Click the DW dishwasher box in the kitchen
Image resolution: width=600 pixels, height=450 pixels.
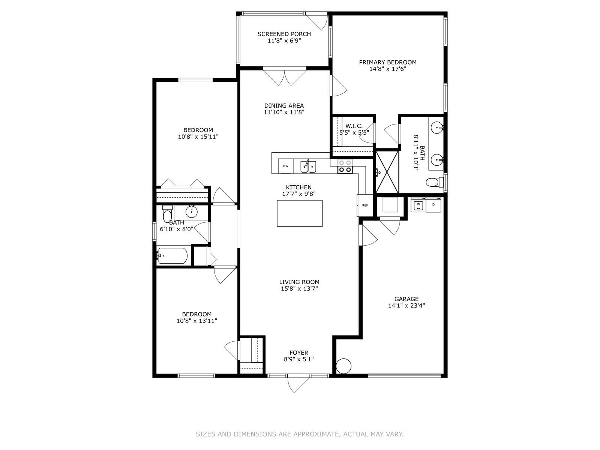pyautogui.click(x=286, y=166)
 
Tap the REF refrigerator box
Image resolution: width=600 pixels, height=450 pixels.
pyautogui.click(x=365, y=205)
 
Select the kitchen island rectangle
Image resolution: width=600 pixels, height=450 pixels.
pyautogui.click(x=300, y=213)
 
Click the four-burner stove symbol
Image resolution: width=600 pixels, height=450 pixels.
pyautogui.click(x=345, y=166)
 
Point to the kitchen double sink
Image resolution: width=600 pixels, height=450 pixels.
pyautogui.click(x=308, y=166)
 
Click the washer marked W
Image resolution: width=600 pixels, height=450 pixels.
pyautogui.click(x=418, y=205)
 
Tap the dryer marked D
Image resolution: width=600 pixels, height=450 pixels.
pyautogui.click(x=434, y=204)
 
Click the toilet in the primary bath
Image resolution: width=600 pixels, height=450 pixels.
pyautogui.click(x=433, y=183)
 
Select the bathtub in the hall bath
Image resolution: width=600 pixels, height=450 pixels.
pyautogui.click(x=172, y=256)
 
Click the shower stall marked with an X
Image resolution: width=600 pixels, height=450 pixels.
pyautogui.click(x=387, y=171)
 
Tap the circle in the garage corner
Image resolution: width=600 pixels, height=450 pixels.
pyautogui.click(x=343, y=366)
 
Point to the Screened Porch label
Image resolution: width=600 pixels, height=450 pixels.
pyautogui.click(x=284, y=34)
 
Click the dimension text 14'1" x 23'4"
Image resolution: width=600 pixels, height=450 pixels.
pyautogui.click(x=406, y=306)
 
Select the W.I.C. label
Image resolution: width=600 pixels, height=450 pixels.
pyautogui.click(x=354, y=126)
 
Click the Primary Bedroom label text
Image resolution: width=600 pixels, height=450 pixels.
pyautogui.click(x=388, y=62)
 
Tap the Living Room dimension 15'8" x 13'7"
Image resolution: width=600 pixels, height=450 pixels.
pyautogui.click(x=299, y=289)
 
